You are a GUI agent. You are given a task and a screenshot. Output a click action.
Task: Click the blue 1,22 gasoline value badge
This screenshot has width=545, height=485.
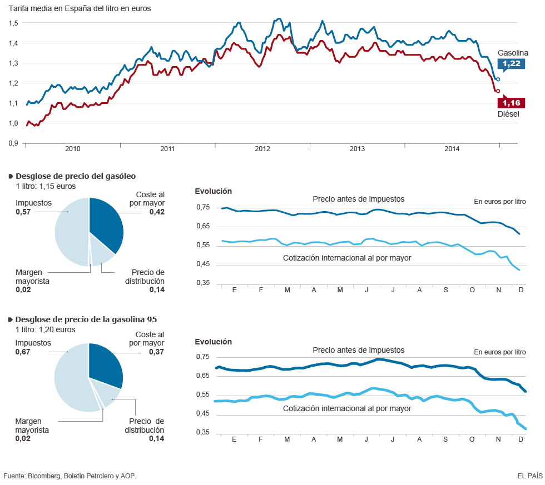[x=512, y=64]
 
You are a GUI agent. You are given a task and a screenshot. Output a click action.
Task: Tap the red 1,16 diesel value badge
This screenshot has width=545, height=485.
[x=511, y=103]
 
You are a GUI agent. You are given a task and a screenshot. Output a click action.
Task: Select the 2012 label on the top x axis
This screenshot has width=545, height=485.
[x=262, y=149]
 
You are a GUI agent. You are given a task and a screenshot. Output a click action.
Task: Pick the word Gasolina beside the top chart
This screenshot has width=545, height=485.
[x=513, y=53]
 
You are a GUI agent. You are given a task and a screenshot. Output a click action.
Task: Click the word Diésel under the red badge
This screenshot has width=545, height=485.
[x=508, y=114]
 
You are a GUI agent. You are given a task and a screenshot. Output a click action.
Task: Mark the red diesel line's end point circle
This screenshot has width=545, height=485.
[x=498, y=91]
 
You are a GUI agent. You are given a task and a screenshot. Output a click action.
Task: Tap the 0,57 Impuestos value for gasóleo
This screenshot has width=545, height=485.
[x=23, y=212]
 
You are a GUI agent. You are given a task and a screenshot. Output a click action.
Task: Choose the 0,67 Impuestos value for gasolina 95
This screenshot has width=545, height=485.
[x=22, y=352]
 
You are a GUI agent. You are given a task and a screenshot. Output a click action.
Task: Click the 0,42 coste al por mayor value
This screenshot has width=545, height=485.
[x=157, y=212]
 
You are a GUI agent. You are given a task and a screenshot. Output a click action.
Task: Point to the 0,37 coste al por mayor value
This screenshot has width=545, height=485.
[x=157, y=352]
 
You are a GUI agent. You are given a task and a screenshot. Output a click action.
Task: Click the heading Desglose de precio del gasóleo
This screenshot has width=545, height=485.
[x=76, y=176]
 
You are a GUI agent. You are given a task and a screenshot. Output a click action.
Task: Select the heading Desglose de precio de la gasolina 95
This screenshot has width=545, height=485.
[x=86, y=319]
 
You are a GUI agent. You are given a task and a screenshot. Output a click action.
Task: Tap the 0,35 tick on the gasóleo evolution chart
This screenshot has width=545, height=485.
[x=203, y=283]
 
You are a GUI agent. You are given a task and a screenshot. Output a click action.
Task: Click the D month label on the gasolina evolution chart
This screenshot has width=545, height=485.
[x=521, y=439]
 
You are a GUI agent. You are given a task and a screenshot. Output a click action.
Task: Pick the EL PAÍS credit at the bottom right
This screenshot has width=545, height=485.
[x=529, y=476]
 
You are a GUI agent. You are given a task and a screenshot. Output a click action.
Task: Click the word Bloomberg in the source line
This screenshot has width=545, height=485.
[x=44, y=476]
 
